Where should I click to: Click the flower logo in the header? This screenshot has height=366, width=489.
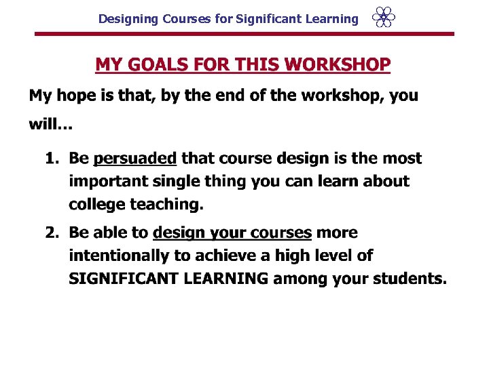point(384,18)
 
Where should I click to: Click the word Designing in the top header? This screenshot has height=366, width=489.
point(128,19)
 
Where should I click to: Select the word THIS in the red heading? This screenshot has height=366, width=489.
point(256,65)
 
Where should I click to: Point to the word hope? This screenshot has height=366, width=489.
point(77,96)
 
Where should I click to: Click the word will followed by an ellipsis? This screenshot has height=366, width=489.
point(51,125)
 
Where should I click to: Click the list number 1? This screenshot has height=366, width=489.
point(51,159)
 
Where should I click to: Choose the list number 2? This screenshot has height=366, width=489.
point(51,233)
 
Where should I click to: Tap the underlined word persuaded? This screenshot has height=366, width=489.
point(134,159)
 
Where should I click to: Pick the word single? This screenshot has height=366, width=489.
point(187,182)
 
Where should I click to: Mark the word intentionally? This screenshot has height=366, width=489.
point(117,256)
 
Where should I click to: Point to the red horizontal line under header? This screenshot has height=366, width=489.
point(244,34)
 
